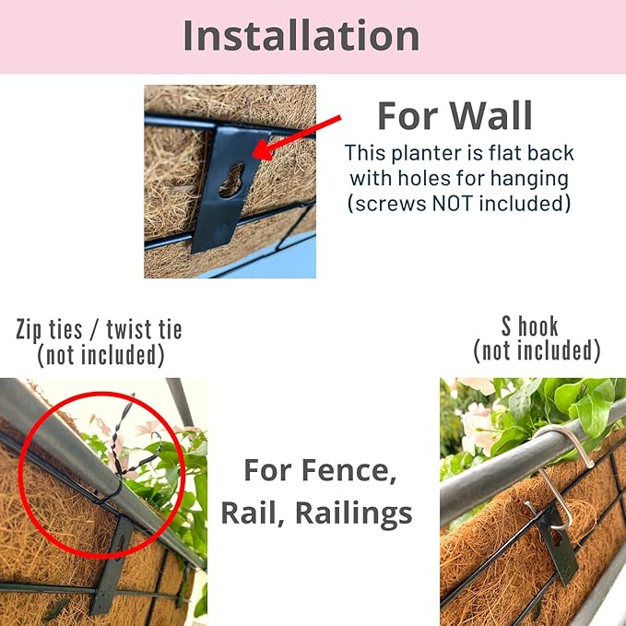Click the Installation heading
pos(301,35)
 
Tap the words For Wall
pos(455,116)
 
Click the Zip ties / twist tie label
pos(100,330)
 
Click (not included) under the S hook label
pos(537,350)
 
